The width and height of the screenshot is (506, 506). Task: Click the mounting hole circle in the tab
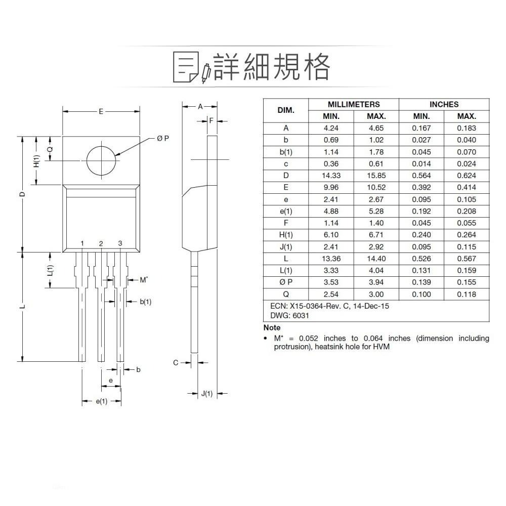(x=101, y=161)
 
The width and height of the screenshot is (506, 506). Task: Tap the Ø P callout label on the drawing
(x=163, y=138)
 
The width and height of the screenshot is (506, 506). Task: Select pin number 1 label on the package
(x=82, y=244)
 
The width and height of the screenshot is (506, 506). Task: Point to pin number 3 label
(x=120, y=243)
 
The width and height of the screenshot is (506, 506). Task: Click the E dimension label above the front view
(x=101, y=111)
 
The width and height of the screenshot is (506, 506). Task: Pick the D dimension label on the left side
(x=23, y=194)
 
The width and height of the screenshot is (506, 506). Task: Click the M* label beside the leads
(x=144, y=279)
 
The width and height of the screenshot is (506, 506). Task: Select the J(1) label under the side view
(x=207, y=394)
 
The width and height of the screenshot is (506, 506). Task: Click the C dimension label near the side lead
(x=176, y=362)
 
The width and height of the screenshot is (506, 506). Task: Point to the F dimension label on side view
(x=212, y=121)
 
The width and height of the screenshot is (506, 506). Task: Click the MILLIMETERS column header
(x=354, y=104)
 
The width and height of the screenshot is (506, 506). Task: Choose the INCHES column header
(x=444, y=104)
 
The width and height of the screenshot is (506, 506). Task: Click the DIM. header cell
(x=286, y=110)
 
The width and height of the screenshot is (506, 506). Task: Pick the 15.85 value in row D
(x=376, y=176)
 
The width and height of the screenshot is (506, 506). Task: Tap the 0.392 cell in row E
(x=421, y=187)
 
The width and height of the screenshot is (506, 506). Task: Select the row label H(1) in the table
(x=286, y=235)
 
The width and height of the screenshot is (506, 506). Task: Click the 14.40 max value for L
(x=376, y=259)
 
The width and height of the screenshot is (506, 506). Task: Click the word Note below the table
(x=272, y=328)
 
